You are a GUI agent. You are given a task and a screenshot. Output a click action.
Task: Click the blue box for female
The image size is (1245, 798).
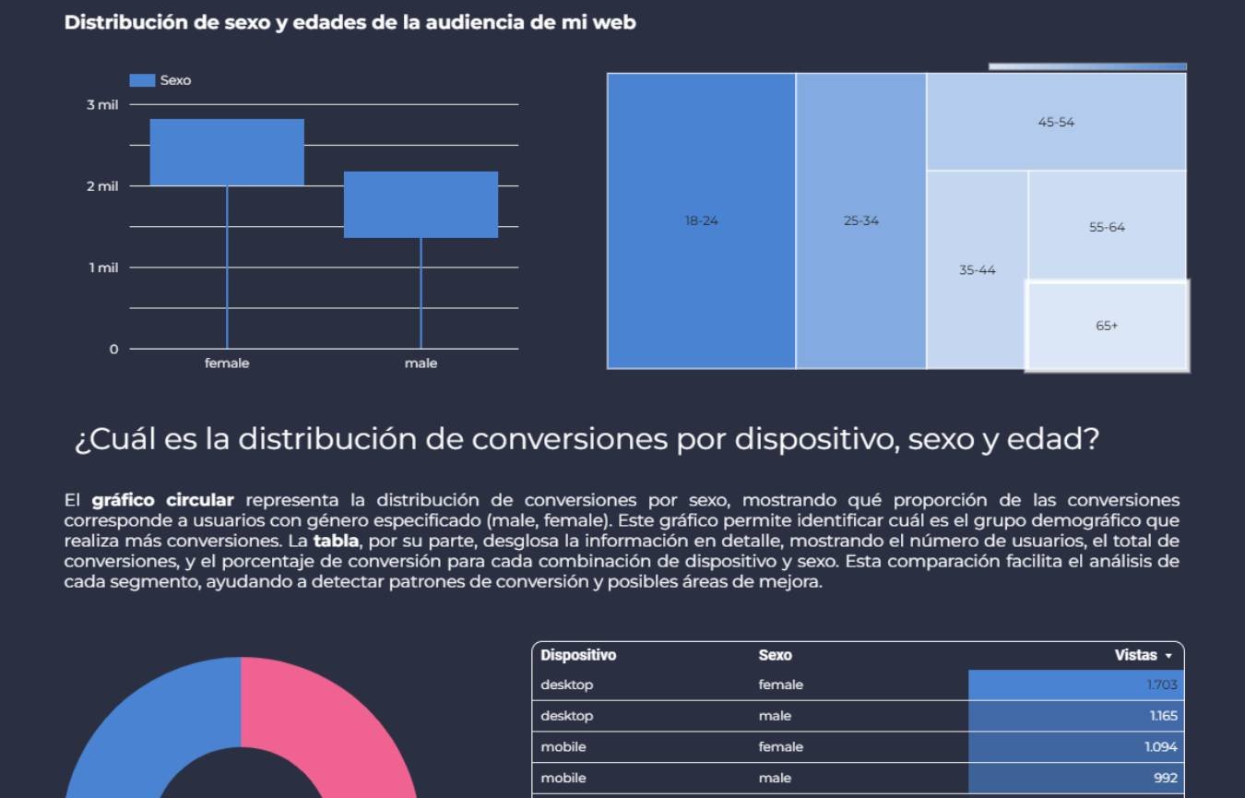227,152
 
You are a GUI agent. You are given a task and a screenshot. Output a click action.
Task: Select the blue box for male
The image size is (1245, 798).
421,205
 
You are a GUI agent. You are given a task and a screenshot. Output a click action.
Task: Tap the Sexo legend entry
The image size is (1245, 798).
160,80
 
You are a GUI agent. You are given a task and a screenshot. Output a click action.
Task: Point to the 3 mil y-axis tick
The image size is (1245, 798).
103,105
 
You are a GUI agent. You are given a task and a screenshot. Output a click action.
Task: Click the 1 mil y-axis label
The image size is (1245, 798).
103,268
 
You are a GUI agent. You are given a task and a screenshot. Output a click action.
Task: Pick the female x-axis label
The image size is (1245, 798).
227,363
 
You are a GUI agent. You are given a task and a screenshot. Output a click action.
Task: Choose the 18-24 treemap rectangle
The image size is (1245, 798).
701,220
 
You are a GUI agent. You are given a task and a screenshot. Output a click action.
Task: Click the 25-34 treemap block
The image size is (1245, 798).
861,220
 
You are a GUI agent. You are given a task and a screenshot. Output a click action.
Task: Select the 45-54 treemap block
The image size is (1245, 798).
1056,122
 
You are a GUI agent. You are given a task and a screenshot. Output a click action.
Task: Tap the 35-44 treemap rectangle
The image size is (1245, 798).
977,270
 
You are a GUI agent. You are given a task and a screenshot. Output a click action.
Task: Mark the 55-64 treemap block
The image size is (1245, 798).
1107,226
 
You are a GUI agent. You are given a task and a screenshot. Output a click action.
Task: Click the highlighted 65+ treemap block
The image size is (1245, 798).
1107,326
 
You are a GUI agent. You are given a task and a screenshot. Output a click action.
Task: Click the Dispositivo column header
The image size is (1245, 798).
578,655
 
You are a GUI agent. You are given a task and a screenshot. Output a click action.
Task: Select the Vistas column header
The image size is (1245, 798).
1136,655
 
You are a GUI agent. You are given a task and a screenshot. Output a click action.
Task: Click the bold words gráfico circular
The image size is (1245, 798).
162,500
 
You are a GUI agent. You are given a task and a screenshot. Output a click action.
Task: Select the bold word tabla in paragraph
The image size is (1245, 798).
336,541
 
